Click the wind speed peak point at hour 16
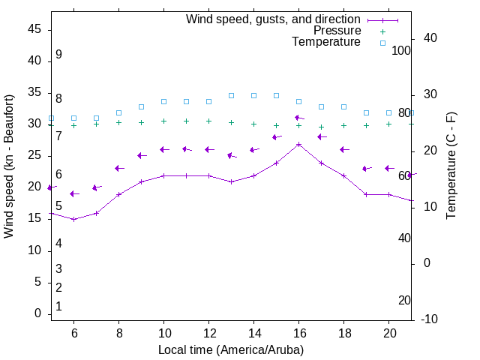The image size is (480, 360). click(x=298, y=144)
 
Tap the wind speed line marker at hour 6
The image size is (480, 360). click(x=73, y=219)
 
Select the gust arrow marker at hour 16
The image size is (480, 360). click(x=298, y=118)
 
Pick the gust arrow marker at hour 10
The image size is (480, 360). click(x=163, y=149)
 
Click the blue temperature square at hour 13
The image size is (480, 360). click(x=231, y=95)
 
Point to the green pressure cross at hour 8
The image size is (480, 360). click(x=118, y=122)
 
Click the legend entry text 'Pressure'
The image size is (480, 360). click(x=337, y=31)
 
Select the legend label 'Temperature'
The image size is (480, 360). click(x=326, y=42)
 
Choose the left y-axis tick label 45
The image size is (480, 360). click(x=34, y=29)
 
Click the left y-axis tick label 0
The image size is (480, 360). click(x=37, y=313)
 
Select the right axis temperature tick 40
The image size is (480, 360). click(x=430, y=38)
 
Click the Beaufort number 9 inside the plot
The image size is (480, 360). click(x=58, y=55)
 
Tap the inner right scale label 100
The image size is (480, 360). click(x=401, y=50)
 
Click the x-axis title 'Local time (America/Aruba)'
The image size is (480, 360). click(x=231, y=349)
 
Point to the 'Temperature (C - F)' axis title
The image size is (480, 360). click(x=451, y=166)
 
